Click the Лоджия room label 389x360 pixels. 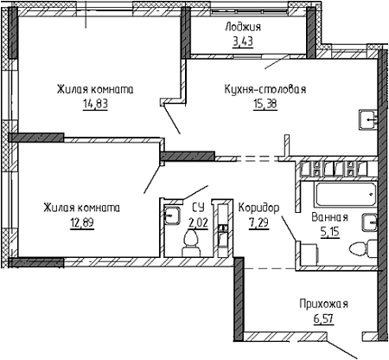(x=243, y=27)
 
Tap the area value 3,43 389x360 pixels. (x=243, y=42)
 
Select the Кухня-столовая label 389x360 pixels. (x=265, y=89)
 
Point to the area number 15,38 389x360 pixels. (x=265, y=104)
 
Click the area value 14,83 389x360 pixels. (x=95, y=104)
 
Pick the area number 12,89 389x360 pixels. (x=82, y=222)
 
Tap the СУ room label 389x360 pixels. (x=198, y=208)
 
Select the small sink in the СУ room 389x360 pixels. (x=172, y=215)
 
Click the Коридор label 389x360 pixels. (x=258, y=208)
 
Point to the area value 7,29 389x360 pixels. (x=258, y=222)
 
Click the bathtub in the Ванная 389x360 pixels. (x=346, y=194)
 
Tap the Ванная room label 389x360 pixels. (x=329, y=217)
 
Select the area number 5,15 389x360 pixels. (x=330, y=231)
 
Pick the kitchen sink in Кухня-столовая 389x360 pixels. (x=368, y=120)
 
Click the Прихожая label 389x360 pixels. (x=323, y=304)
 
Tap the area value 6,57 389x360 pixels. (x=323, y=318)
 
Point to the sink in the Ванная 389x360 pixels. (x=370, y=222)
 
